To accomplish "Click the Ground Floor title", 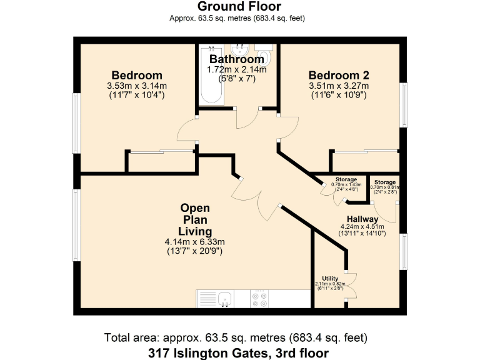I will tap(239, 7).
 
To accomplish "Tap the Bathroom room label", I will tap(237, 60).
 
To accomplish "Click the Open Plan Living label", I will tap(195, 219).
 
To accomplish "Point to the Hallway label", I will tap(362, 219).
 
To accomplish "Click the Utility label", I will tap(330, 278).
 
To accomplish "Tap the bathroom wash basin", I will tap(240, 49).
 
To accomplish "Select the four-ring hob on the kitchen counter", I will tap(260, 299).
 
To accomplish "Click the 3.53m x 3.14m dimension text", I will tap(137, 86).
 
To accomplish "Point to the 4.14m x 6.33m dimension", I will tap(195, 242).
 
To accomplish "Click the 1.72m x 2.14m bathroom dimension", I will tap(237, 69).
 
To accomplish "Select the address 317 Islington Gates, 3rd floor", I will tap(239, 353).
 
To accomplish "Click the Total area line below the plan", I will tap(239, 338).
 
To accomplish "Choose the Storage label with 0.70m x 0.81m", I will tap(384, 182).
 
